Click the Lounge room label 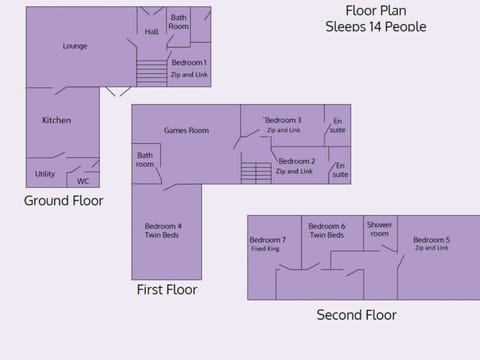pyautogui.click(x=75, y=46)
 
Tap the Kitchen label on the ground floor pyautogui.click(x=56, y=121)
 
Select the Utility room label pyautogui.click(x=45, y=174)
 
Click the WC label pyautogui.click(x=82, y=181)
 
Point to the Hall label pyautogui.click(x=151, y=32)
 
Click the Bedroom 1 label pyautogui.click(x=189, y=63)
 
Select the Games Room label pyautogui.click(x=186, y=130)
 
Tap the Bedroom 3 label pyautogui.click(x=283, y=120)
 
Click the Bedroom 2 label pyautogui.click(x=295, y=161)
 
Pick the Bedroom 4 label pyautogui.click(x=163, y=226)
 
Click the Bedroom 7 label pyautogui.click(x=267, y=240)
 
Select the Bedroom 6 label pyautogui.click(x=327, y=226)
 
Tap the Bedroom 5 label pyautogui.click(x=431, y=240)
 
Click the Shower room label pyautogui.click(x=379, y=229)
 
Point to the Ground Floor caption pyautogui.click(x=64, y=201)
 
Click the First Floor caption pyautogui.click(x=166, y=290)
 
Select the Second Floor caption pyautogui.click(x=356, y=315)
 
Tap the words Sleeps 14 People pyautogui.click(x=375, y=27)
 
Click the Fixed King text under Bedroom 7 pyautogui.click(x=266, y=249)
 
